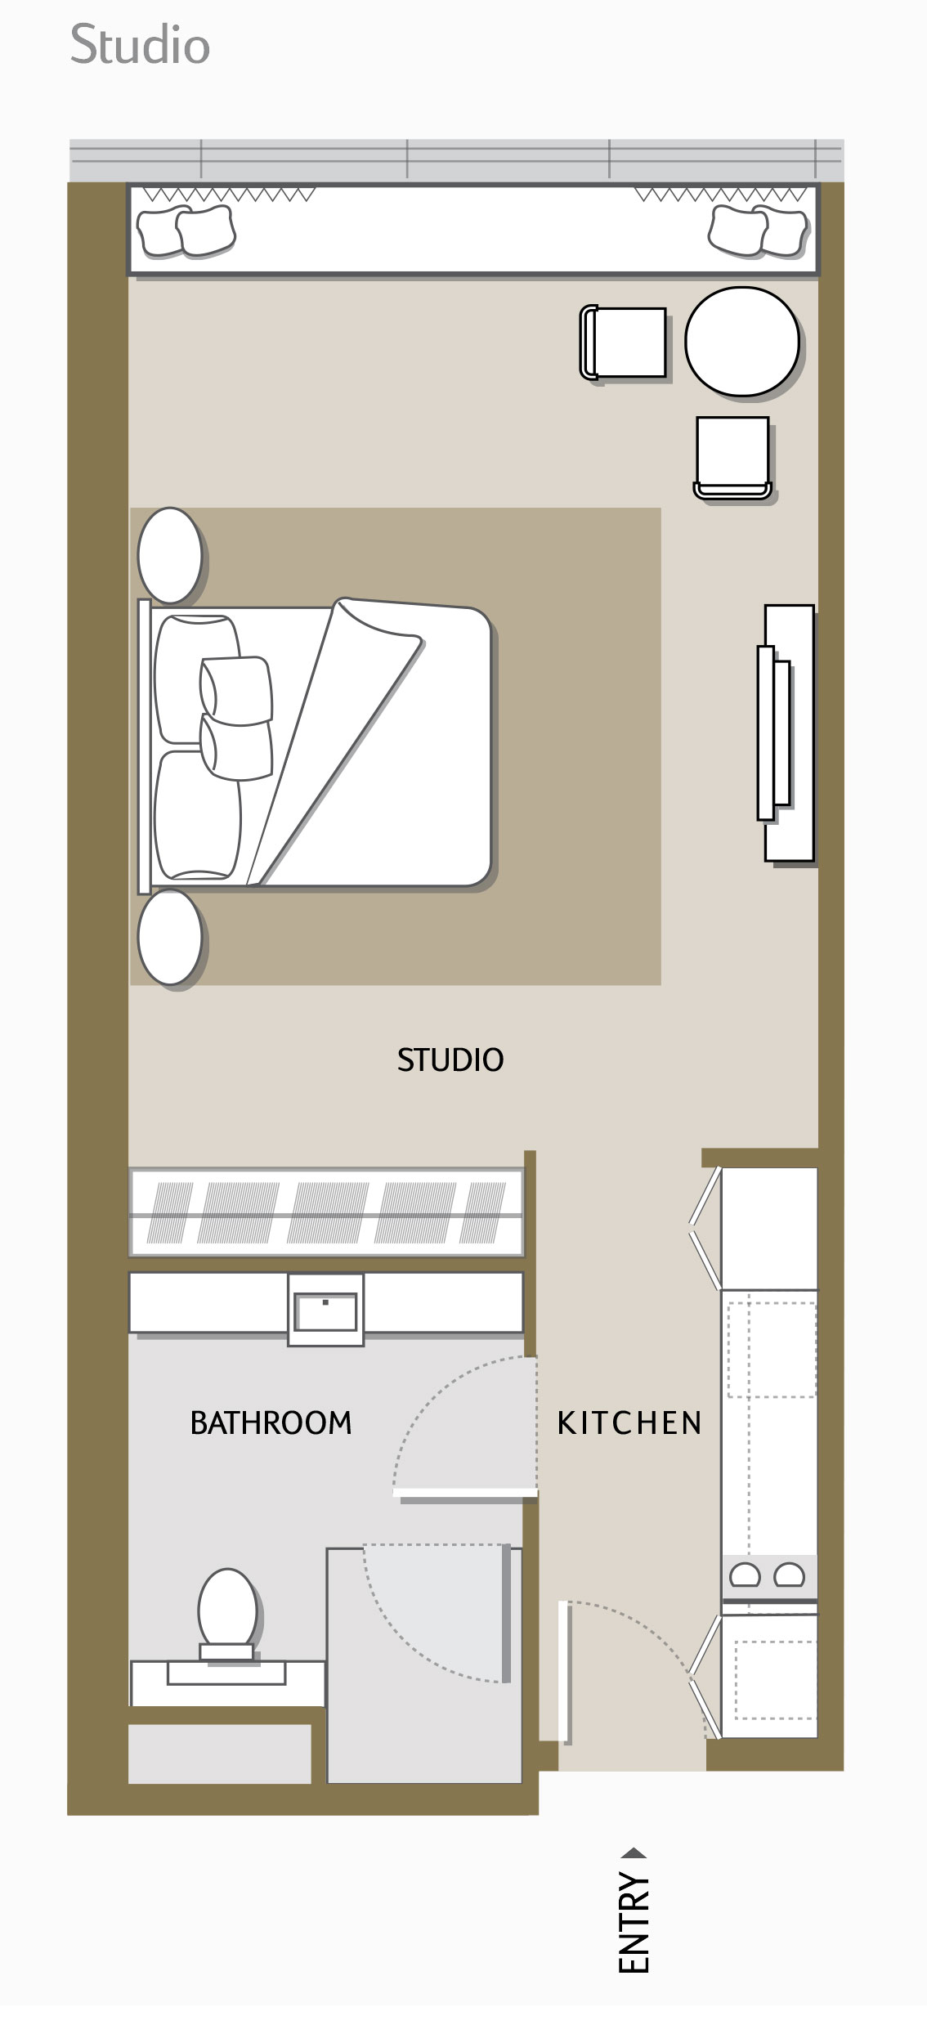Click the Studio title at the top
pyautogui.click(x=140, y=45)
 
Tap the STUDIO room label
pyautogui.click(x=450, y=1060)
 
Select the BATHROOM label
pyautogui.click(x=271, y=1423)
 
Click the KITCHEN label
pyautogui.click(x=629, y=1423)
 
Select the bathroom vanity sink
pyautogui.click(x=325, y=1310)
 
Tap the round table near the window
pyautogui.click(x=741, y=340)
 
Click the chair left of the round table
pyautogui.click(x=625, y=342)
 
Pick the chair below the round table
pyautogui.click(x=732, y=455)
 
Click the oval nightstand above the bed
pyautogui.click(x=170, y=555)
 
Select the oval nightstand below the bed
pyautogui.click(x=170, y=936)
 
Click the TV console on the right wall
pyautogui.click(x=787, y=732)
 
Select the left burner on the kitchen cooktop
pyautogui.click(x=745, y=1575)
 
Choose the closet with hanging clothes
pyautogui.click(x=325, y=1212)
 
